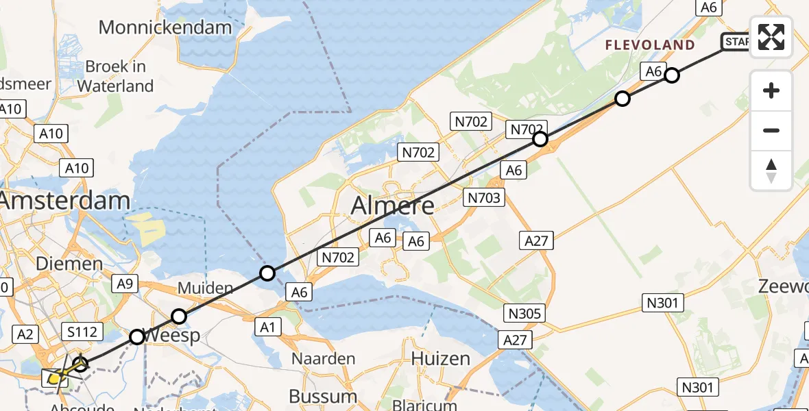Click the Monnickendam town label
pos(166,27)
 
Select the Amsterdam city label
pos(65,201)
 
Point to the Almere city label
pos(393,205)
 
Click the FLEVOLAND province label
pos(650,45)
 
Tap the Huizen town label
pos(441,358)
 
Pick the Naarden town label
pos(324,358)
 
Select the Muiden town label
pos(205,288)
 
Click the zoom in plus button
pos(771,90)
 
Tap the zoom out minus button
pos(771,130)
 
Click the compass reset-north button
pos(771,171)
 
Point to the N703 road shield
pos(485,198)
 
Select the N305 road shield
pos(525,314)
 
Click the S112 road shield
pos(82,332)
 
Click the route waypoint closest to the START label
pos(672,75)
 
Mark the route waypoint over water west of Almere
pos(267,274)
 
